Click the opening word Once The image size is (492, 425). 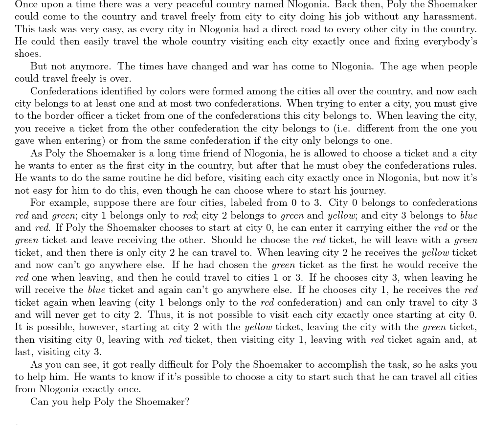coord(26,5)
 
